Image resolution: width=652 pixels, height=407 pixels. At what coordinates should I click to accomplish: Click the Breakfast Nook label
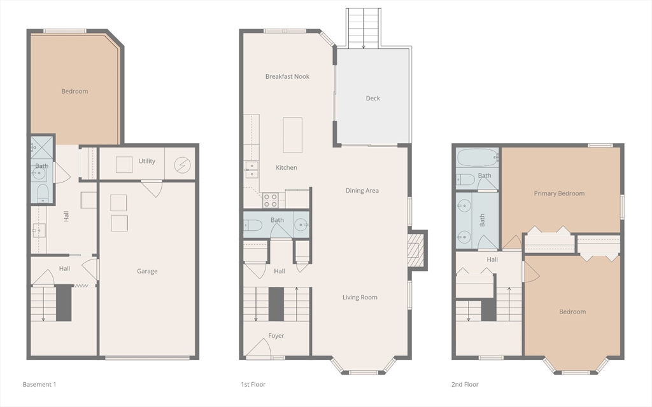click(x=287, y=76)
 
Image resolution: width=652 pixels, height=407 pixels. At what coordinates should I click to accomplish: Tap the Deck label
click(x=373, y=98)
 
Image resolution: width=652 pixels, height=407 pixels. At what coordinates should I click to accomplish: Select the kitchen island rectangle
click(x=292, y=135)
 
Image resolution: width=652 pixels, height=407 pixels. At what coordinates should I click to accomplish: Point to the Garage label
click(x=147, y=271)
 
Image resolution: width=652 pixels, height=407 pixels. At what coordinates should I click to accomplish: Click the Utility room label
click(x=147, y=161)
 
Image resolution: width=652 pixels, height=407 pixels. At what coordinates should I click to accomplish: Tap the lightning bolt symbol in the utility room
click(x=181, y=164)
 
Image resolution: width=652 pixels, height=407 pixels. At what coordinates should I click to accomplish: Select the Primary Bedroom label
click(x=559, y=193)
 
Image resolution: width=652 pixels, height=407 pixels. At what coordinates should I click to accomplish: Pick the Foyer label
click(x=276, y=335)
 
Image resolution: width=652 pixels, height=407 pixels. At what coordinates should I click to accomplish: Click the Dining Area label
click(x=362, y=190)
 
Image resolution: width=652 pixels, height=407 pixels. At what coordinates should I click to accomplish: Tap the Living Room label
click(x=360, y=297)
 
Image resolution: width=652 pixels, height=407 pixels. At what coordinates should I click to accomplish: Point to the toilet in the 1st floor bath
click(x=253, y=225)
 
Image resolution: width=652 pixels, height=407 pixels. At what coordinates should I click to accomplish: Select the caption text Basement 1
click(x=39, y=384)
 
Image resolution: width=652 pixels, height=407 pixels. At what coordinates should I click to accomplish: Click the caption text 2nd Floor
click(x=465, y=384)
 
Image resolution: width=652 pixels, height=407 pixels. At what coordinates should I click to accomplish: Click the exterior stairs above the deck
click(x=363, y=28)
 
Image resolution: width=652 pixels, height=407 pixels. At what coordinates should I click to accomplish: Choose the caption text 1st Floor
click(x=253, y=384)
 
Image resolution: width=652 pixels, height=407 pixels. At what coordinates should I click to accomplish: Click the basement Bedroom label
click(x=74, y=91)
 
